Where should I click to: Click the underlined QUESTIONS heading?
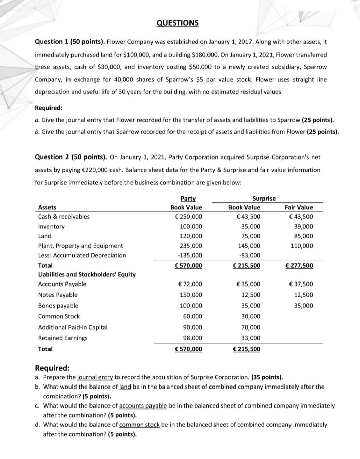point(178,23)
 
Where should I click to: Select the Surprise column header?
point(264,199)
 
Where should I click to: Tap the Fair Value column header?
point(299,207)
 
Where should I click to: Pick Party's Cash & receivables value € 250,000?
point(190,217)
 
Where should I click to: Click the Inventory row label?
point(51,226)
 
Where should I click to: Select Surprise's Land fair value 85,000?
point(303,236)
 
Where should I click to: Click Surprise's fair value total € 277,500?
point(299,265)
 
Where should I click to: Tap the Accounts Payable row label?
point(62,284)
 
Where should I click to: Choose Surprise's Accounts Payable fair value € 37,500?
point(301,284)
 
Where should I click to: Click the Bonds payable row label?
point(58,306)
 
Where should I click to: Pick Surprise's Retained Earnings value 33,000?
point(251,338)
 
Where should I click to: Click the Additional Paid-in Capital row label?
point(73,327)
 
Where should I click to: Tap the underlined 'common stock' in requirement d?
point(139,425)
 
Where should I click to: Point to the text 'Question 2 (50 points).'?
point(71,157)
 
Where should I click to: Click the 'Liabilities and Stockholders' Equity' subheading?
point(87,274)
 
